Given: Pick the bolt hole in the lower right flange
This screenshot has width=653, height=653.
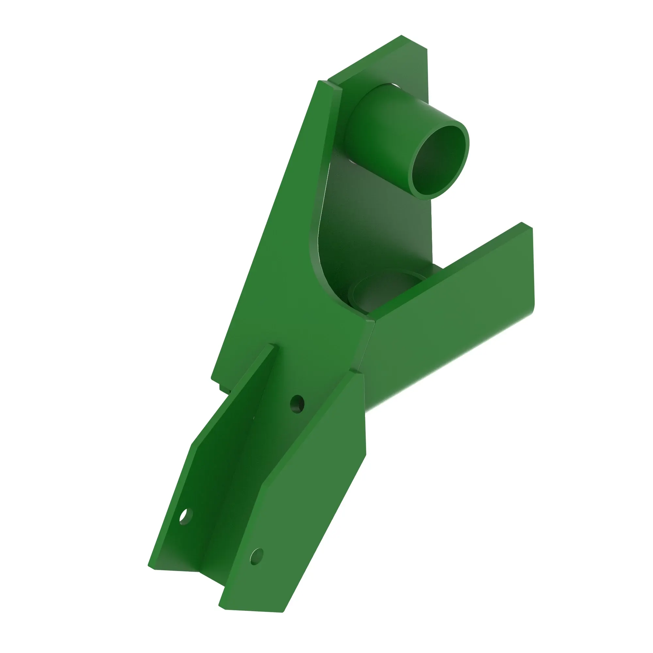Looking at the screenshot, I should [257, 556].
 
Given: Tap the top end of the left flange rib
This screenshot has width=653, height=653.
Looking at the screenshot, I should [272, 346].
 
